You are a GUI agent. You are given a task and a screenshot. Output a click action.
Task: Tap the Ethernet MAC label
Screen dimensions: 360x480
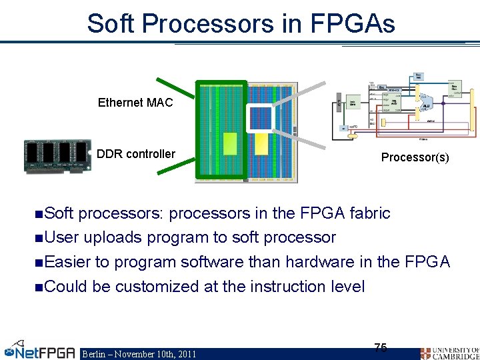coord(135,103)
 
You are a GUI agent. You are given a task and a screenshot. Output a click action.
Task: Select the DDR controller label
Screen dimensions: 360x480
coord(136,154)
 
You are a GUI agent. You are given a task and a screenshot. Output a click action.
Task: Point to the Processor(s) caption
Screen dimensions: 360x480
coord(415,158)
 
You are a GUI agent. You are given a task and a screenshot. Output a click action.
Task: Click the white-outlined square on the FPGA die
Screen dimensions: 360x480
coord(261,119)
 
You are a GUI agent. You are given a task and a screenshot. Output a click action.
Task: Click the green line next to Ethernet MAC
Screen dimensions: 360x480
coord(175,92)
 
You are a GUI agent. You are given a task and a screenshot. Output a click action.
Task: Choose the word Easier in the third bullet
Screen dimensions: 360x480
coord(69,262)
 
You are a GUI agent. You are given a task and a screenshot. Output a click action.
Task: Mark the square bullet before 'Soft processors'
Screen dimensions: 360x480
coord(39,214)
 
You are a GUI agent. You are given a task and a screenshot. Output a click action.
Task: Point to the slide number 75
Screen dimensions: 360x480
coord(381,347)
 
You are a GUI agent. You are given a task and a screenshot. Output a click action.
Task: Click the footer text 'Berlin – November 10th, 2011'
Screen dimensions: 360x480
coord(139,354)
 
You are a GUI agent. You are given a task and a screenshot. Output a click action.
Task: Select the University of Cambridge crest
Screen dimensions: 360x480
coord(426,353)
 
